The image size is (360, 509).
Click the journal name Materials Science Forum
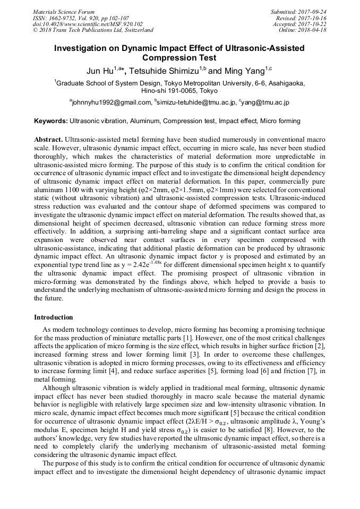pos(64,11)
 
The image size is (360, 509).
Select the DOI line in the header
pos(87,24)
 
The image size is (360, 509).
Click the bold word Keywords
pos(51,121)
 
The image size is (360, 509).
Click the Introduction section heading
pos(54,317)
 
